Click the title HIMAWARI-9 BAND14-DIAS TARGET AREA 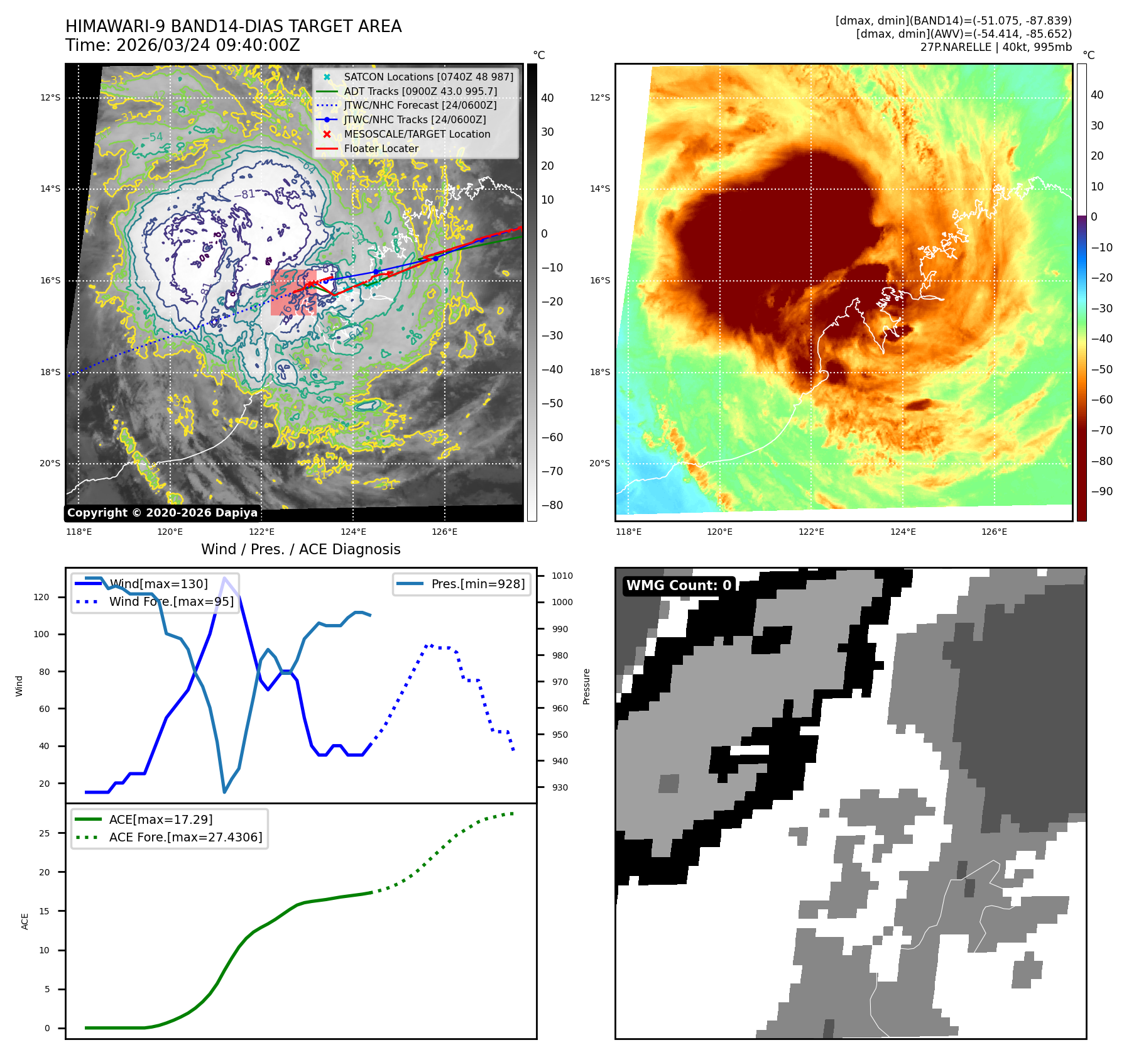(233, 26)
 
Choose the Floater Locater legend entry (381, 148)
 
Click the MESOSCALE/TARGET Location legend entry (417, 134)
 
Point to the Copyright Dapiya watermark (162, 513)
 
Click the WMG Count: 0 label (679, 586)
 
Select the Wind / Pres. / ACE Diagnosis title (300, 549)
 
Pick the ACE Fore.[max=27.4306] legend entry (185, 837)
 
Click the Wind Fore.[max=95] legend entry (171, 601)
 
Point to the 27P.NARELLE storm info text (996, 47)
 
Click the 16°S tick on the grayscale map (51, 280)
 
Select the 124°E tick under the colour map (903, 532)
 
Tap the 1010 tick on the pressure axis (562, 576)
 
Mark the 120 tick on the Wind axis (41, 597)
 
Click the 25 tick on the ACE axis (45, 833)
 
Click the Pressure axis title (586, 686)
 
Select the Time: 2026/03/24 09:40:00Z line (182, 45)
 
